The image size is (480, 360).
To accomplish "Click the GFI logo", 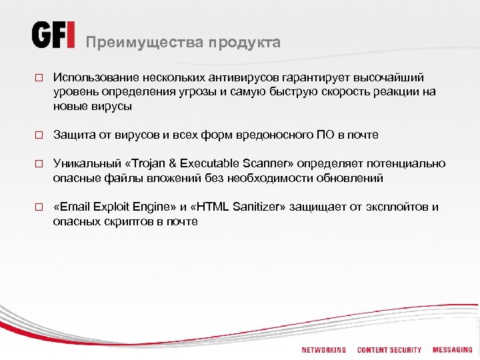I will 53,35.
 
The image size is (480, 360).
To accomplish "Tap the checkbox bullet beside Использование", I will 39,79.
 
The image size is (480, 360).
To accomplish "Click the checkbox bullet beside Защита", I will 39,135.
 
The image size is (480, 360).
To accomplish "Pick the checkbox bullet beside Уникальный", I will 39,164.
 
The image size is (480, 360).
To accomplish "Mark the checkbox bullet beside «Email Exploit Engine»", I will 39,207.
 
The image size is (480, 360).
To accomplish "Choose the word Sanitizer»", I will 259,207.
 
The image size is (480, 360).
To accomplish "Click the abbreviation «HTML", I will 208,207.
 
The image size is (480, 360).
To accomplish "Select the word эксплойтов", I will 396,207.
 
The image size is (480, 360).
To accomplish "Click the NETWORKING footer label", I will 324,350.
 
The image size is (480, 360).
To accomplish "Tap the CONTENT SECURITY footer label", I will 389,350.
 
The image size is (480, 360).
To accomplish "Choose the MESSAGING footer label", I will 452,350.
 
